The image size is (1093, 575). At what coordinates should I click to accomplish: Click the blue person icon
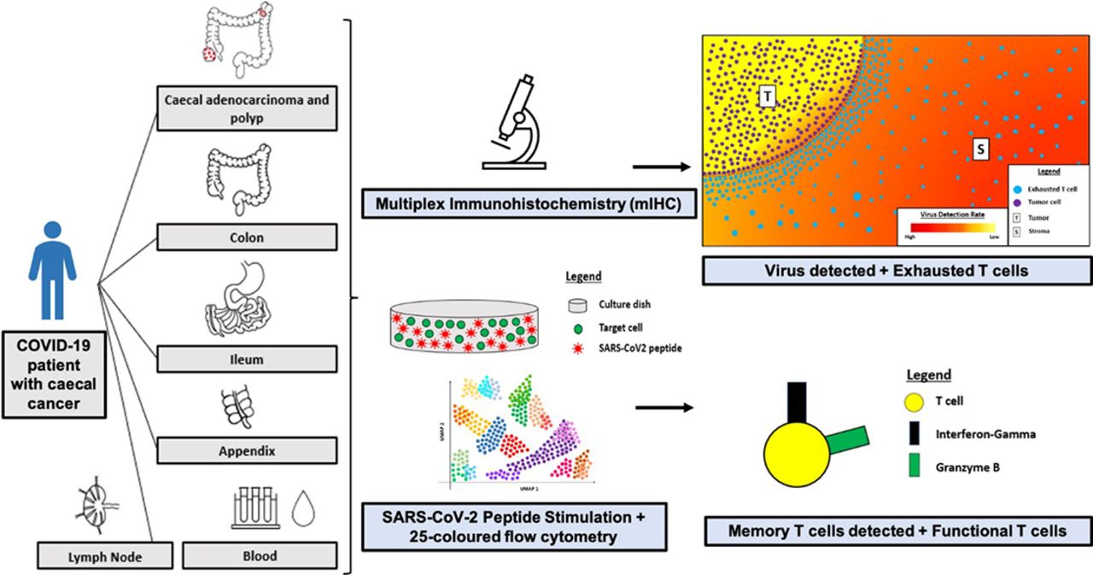[53, 271]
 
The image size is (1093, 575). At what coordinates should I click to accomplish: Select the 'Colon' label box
[245, 238]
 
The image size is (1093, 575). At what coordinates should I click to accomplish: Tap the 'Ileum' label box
[245, 360]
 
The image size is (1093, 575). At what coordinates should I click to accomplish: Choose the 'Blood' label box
[260, 555]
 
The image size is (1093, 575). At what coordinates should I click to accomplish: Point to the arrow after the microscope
[661, 169]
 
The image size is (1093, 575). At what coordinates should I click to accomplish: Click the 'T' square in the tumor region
[767, 97]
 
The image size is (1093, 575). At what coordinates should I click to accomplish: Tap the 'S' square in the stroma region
[981, 150]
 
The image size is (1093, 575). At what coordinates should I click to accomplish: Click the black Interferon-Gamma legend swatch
[910, 434]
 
